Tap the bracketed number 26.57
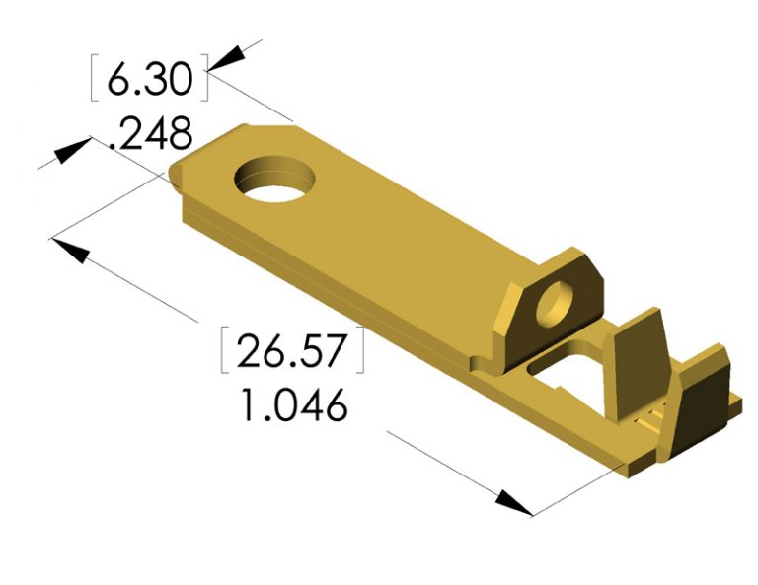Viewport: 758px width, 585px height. pos(292,351)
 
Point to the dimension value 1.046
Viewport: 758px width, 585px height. pos(293,404)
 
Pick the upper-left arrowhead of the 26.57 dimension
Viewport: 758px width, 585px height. pos(70,246)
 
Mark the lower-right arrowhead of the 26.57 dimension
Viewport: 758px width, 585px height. pos(513,502)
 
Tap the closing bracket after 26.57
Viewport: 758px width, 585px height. pos(360,351)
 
